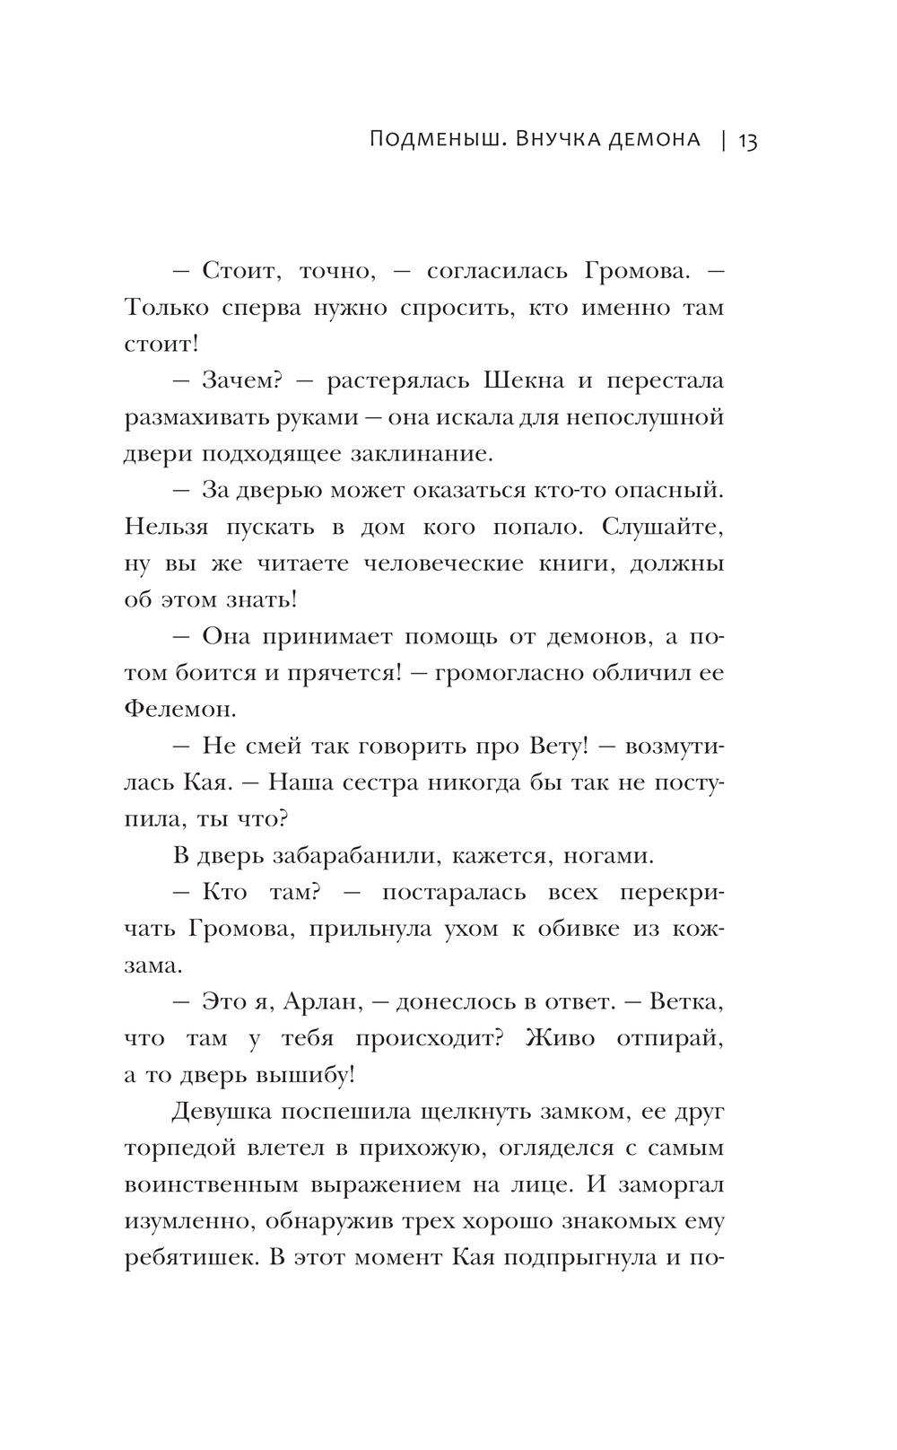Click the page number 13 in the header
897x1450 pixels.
click(x=747, y=141)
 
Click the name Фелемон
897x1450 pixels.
click(x=179, y=709)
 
